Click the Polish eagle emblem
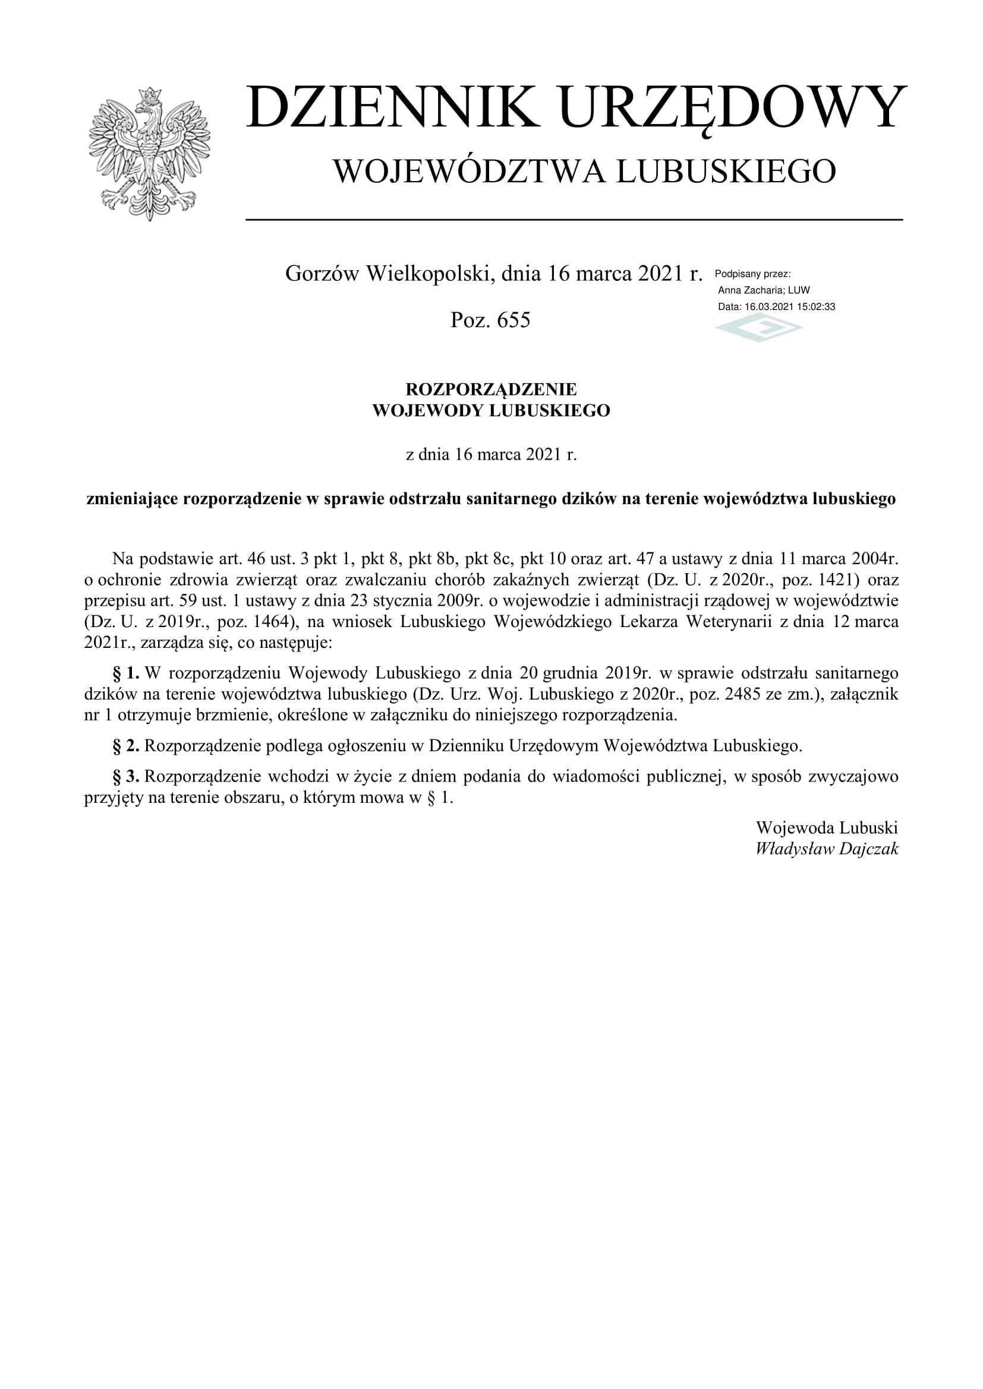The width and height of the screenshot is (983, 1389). pos(149,154)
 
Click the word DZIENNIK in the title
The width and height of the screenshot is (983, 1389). pos(392,107)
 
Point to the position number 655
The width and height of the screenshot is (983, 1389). pos(513,320)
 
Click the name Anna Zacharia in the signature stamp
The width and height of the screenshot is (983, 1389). pos(750,290)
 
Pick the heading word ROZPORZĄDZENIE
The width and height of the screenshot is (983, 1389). pos(491,389)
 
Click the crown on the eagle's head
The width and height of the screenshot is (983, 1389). pos(149,95)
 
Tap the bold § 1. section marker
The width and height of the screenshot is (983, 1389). pos(126,673)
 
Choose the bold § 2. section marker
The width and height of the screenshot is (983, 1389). pos(126,746)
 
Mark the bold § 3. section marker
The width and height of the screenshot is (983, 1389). pos(126,776)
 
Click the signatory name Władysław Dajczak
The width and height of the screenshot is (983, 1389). pos(827,849)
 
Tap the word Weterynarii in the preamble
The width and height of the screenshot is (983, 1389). pos(729,621)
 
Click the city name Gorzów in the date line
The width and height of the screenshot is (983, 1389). pos(323,274)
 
